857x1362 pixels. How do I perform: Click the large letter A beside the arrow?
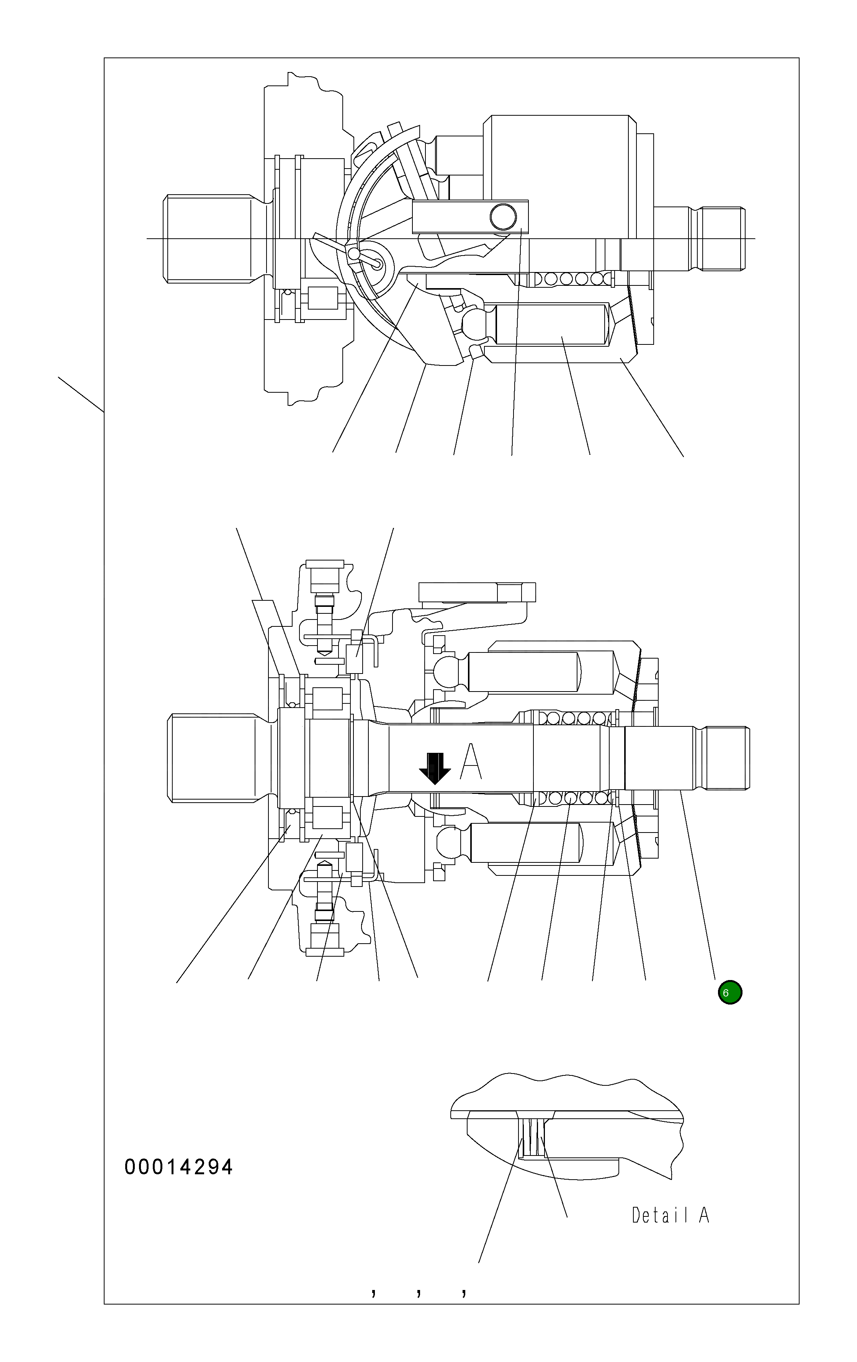[x=470, y=761]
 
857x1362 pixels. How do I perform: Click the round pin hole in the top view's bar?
[x=502, y=215]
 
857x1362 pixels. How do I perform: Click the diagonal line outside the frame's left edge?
[x=81, y=394]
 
